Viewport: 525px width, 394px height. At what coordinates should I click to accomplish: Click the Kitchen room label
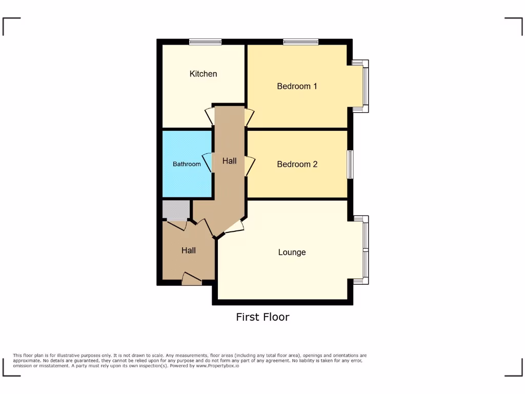pyautogui.click(x=203, y=74)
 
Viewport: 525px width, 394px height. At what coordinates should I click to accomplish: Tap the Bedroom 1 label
pyautogui.click(x=297, y=86)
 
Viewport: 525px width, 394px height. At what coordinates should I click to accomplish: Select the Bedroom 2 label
pyautogui.click(x=297, y=164)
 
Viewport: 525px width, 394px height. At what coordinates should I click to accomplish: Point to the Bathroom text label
pyautogui.click(x=187, y=164)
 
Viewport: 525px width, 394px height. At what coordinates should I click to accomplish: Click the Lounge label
pyautogui.click(x=292, y=252)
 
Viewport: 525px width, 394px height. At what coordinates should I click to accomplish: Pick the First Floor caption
pyautogui.click(x=262, y=317)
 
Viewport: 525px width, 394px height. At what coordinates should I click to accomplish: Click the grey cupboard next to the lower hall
pyautogui.click(x=176, y=210)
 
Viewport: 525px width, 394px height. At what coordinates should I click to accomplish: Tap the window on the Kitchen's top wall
pyautogui.click(x=205, y=42)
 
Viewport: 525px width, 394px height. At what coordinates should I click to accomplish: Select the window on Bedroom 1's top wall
pyautogui.click(x=300, y=42)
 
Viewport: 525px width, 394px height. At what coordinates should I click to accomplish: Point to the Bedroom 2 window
pyautogui.click(x=350, y=164)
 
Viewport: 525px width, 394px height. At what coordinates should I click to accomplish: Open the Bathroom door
pyautogui.click(x=208, y=163)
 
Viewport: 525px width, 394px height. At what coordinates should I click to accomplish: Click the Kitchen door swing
pyautogui.click(x=210, y=116)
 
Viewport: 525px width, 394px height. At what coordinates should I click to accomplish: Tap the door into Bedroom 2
pyautogui.click(x=250, y=166)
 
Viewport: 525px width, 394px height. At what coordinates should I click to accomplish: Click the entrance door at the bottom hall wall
pyautogui.click(x=192, y=279)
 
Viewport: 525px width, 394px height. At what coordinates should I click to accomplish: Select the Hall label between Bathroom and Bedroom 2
pyautogui.click(x=229, y=161)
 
